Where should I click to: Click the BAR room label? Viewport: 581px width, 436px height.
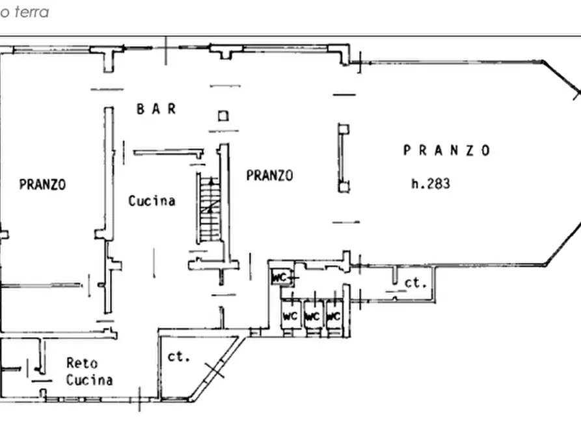[x=156, y=109]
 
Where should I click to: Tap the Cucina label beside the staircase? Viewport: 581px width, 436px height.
[x=152, y=201]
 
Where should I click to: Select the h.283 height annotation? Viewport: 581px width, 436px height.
[x=431, y=184]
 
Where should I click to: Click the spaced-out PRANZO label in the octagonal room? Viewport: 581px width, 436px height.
[x=446, y=150]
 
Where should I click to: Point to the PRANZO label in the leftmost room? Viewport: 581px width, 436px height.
[x=42, y=185]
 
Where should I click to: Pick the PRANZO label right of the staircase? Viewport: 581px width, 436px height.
[x=269, y=175]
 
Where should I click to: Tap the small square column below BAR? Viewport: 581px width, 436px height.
[x=223, y=116]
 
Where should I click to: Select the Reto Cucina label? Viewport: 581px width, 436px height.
[x=89, y=372]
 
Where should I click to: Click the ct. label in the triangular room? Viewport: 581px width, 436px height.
[x=178, y=357]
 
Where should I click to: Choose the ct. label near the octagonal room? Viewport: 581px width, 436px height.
[x=415, y=283]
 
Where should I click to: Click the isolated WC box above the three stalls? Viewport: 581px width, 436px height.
[x=280, y=278]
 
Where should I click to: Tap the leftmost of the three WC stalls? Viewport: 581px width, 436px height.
[x=290, y=317]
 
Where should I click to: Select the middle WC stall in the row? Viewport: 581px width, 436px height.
[x=312, y=317]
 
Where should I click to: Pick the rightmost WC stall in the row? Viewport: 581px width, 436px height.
[x=333, y=317]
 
